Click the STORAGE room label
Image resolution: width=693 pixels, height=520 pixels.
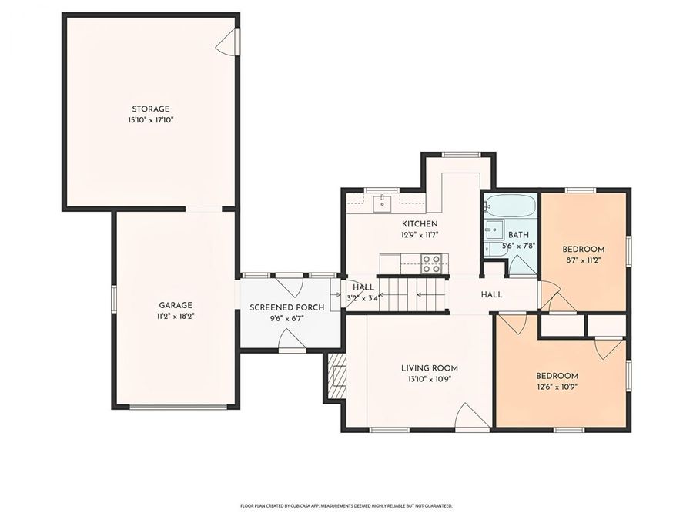point(150,109)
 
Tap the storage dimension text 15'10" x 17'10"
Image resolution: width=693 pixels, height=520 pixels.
point(150,120)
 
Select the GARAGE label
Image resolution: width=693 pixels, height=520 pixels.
point(176,304)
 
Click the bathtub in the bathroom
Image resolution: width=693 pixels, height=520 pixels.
point(508,206)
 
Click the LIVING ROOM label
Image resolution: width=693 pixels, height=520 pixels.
point(429,367)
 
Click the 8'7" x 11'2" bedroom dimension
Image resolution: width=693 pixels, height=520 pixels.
point(583,260)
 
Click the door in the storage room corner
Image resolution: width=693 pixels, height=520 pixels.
point(227,42)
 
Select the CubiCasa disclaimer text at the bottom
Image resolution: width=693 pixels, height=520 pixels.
point(346,506)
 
